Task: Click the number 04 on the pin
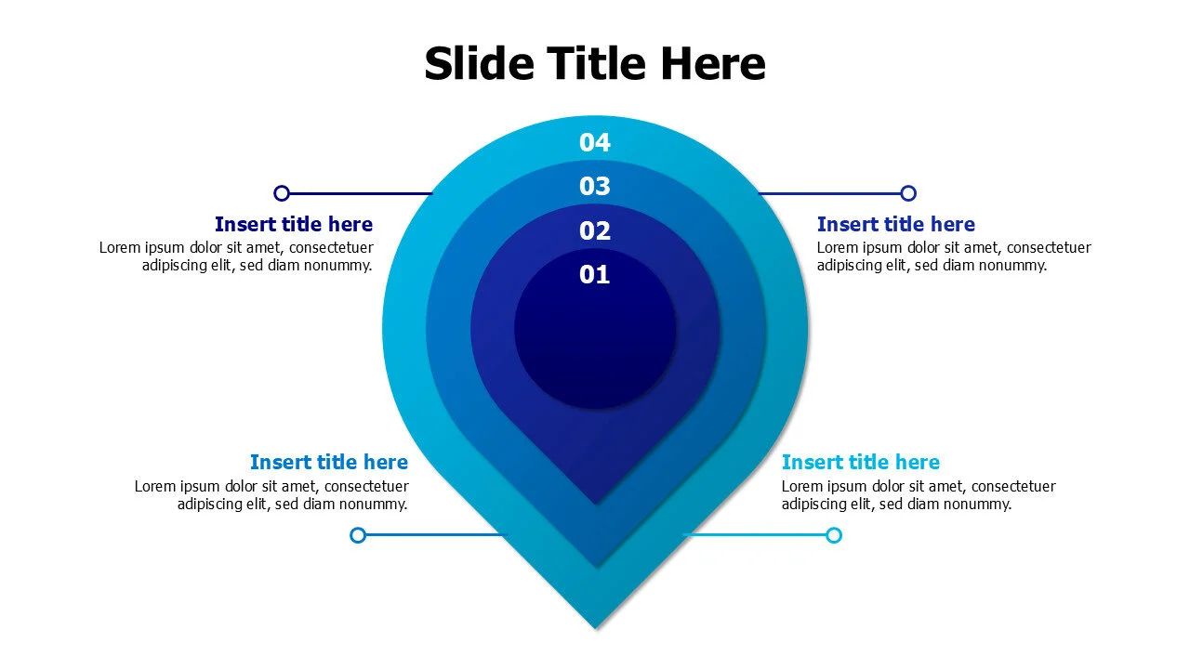[x=595, y=142]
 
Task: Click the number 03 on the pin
[x=595, y=187]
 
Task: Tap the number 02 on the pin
[x=595, y=230]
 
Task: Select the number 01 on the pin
[x=595, y=275]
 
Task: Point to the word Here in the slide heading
[x=713, y=64]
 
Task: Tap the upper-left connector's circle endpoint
[x=282, y=193]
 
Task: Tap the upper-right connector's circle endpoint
[x=908, y=193]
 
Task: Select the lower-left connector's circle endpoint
[x=358, y=534]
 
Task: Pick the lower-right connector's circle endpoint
[x=834, y=534]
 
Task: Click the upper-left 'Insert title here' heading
[x=293, y=224]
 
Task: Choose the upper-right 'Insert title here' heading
[x=895, y=224]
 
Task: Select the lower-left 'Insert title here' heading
[x=328, y=462]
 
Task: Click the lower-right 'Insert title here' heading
[x=860, y=462]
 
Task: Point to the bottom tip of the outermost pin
[x=596, y=625]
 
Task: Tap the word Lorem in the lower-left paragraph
[x=155, y=486]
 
